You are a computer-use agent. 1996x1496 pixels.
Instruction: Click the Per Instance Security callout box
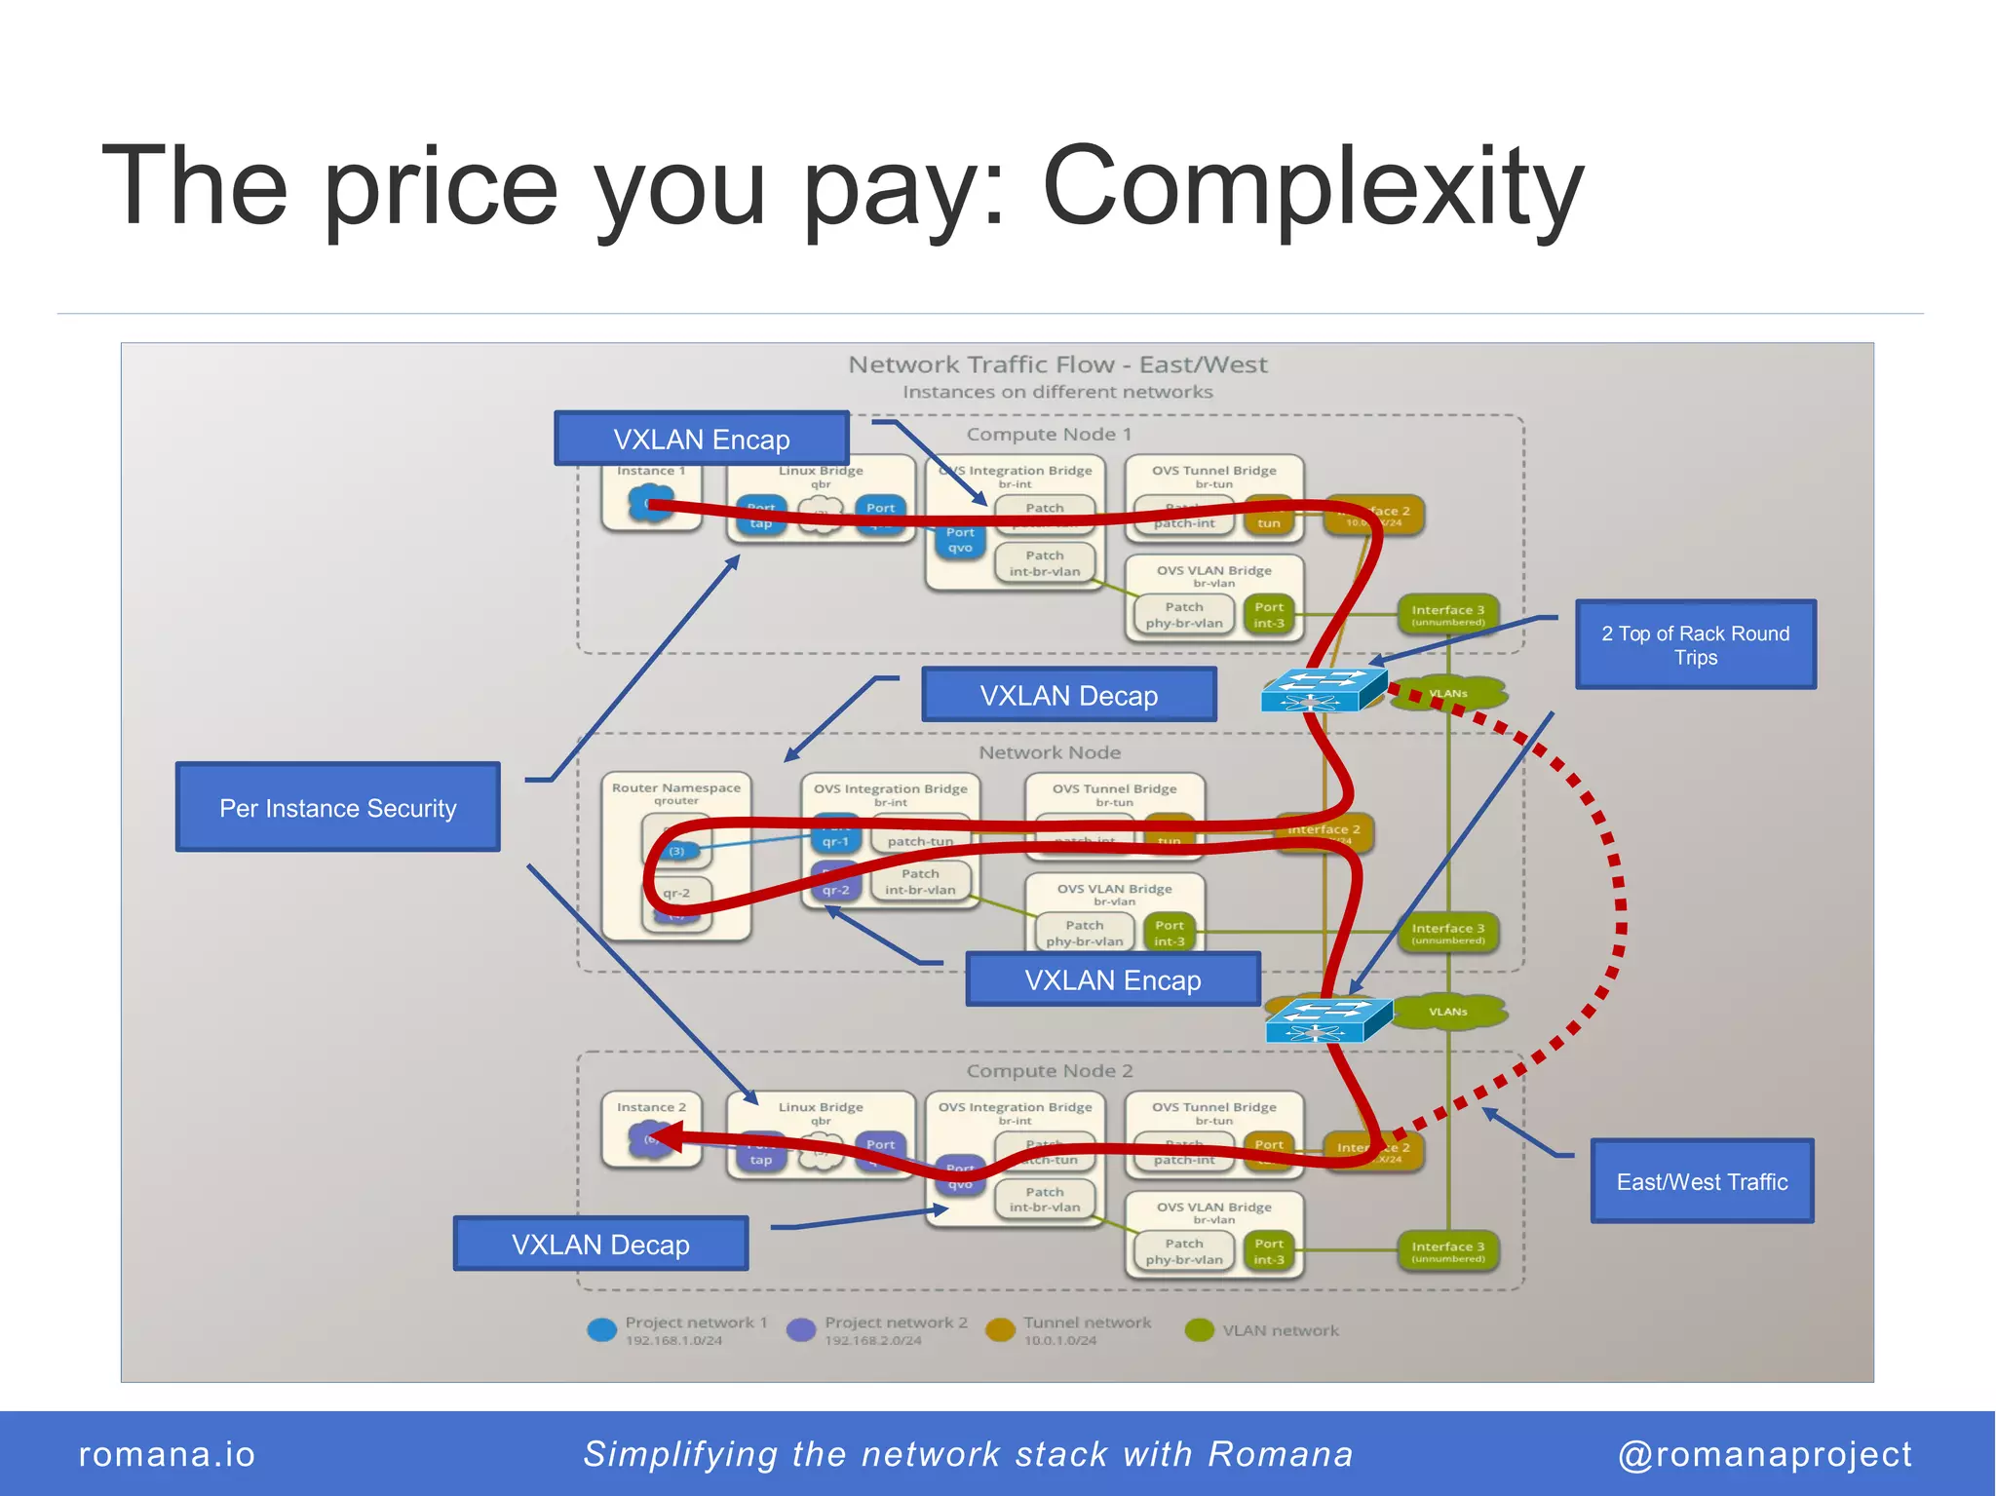[x=337, y=807]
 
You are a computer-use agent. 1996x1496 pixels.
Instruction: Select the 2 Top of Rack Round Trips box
[x=1695, y=644]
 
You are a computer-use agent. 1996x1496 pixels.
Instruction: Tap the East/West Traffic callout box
[x=1702, y=1180]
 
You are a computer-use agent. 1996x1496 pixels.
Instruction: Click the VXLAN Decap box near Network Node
[x=1068, y=695]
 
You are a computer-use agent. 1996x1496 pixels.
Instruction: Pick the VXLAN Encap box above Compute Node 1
[x=701, y=439]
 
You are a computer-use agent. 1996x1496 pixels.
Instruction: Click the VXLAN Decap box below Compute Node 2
[x=600, y=1244]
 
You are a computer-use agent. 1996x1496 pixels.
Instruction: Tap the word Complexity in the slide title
[x=1312, y=185]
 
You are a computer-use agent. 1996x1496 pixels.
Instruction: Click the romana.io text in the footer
[x=167, y=1453]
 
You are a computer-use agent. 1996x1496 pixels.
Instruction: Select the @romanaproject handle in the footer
[x=1764, y=1453]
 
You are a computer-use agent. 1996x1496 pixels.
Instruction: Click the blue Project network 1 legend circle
[x=602, y=1329]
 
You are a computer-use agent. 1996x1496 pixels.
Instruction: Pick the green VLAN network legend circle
[x=1199, y=1329]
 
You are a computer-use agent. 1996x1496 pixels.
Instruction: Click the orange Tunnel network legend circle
[x=1000, y=1329]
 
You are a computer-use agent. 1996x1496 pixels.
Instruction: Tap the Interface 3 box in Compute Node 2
[x=1447, y=1250]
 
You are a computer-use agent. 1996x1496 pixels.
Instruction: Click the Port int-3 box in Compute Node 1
[x=1268, y=615]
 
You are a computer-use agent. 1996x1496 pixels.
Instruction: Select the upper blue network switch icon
[x=1323, y=690]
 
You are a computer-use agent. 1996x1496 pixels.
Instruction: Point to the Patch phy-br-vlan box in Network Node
[x=1084, y=933]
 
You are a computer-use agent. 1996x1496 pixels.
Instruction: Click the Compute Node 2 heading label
[x=1049, y=1070]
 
